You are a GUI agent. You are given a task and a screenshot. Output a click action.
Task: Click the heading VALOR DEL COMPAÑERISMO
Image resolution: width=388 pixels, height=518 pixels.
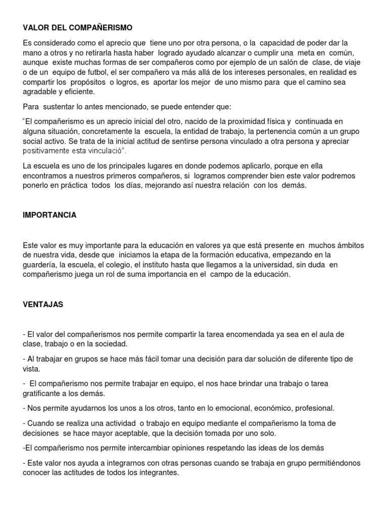coord(78,28)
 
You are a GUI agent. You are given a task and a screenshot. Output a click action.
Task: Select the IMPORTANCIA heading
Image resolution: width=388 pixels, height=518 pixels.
coord(50,215)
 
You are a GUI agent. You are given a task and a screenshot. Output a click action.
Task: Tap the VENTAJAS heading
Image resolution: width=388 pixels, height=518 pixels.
coord(43,305)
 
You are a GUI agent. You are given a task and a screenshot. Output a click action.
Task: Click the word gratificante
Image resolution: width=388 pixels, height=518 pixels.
coord(45,393)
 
